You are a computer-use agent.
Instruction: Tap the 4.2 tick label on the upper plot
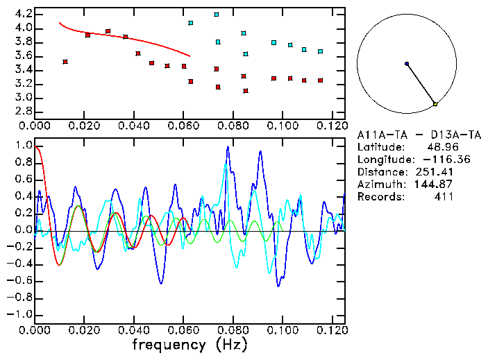23,14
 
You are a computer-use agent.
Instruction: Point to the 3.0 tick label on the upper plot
23,98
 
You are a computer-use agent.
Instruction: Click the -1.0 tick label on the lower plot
21,314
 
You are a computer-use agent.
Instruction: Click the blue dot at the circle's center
407,64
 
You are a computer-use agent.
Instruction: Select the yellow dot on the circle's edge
435,104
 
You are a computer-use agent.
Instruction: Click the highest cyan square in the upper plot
217,14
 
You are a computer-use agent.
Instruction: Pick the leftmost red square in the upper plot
65,62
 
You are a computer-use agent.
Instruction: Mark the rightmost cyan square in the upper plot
320,51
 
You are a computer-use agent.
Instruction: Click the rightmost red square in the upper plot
320,80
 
